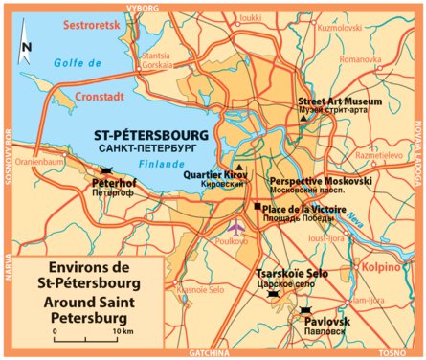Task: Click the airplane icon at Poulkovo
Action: [236, 227]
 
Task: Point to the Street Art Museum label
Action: [340, 101]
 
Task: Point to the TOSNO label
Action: [393, 353]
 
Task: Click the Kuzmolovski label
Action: [341, 30]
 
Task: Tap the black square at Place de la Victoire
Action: [257, 207]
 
